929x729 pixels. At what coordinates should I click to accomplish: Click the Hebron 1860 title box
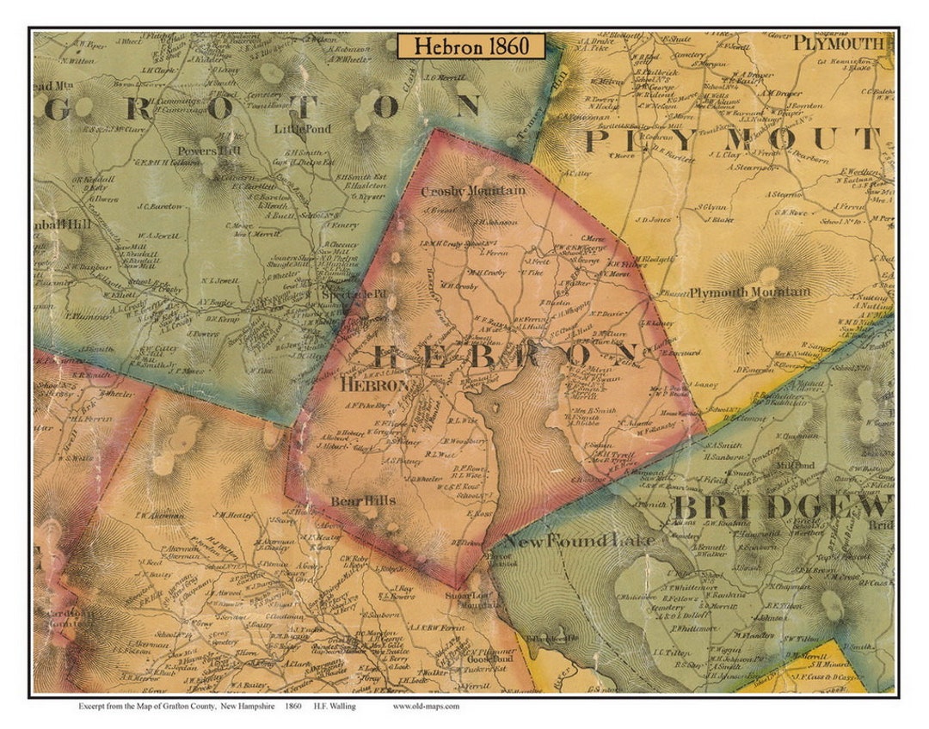pyautogui.click(x=470, y=46)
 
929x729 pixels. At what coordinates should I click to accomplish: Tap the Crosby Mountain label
pyautogui.click(x=473, y=191)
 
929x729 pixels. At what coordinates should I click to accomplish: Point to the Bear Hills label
pyautogui.click(x=363, y=500)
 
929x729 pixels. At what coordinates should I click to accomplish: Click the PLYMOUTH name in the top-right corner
pyautogui.click(x=838, y=43)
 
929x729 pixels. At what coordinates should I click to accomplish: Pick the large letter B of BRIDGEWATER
pyautogui.click(x=683, y=508)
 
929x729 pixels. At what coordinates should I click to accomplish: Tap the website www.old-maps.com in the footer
pyautogui.click(x=426, y=706)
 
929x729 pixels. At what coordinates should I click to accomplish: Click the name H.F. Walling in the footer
pyautogui.click(x=336, y=706)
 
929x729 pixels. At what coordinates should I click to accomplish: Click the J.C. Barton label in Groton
pyautogui.click(x=161, y=206)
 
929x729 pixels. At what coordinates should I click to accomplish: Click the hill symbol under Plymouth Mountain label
pyautogui.click(x=768, y=273)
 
